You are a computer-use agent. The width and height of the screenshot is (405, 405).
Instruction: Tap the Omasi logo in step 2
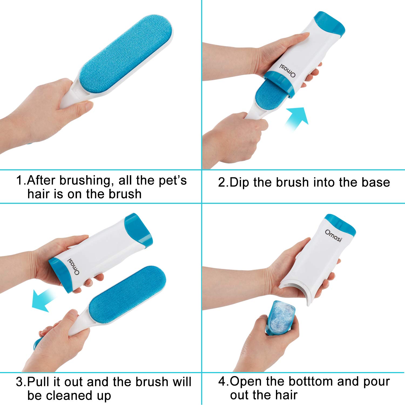(287, 71)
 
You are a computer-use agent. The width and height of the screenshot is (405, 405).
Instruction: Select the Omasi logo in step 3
(74, 266)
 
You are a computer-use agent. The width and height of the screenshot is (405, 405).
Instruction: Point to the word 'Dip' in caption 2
(239, 183)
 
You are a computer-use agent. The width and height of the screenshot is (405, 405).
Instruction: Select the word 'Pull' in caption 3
(39, 382)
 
